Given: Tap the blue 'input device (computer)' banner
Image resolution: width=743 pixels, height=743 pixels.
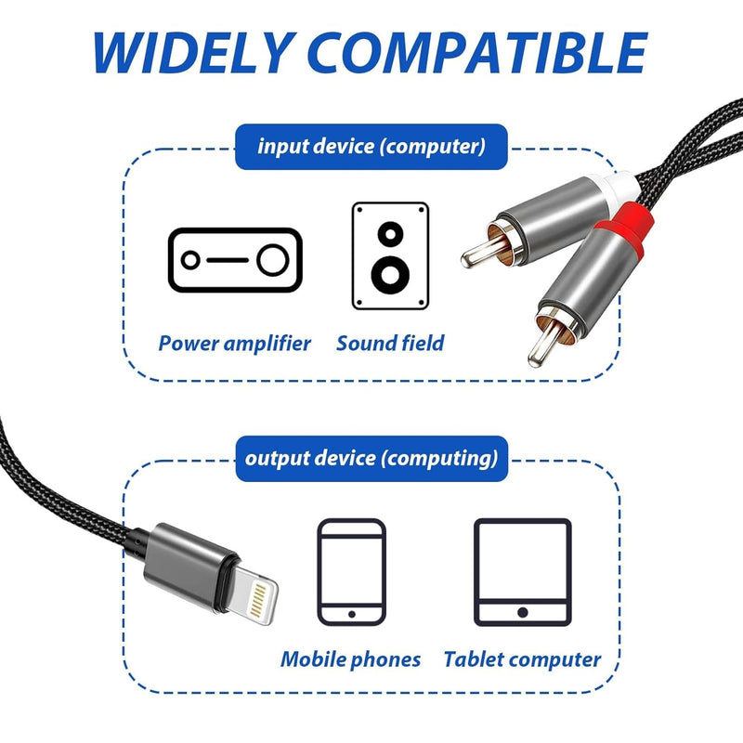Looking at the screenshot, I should pyautogui.click(x=371, y=147).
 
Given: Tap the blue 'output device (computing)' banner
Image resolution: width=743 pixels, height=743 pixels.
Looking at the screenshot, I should pyautogui.click(x=371, y=458).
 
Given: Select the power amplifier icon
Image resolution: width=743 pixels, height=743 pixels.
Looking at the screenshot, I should pyautogui.click(x=234, y=261).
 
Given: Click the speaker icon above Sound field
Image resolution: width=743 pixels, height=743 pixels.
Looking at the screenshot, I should pyautogui.click(x=390, y=255).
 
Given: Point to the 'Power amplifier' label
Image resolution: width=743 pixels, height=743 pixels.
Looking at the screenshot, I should pyautogui.click(x=234, y=343).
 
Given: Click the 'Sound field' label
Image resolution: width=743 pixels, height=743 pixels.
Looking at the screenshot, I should pyautogui.click(x=390, y=343).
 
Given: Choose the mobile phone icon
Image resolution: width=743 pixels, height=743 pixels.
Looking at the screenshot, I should pyautogui.click(x=351, y=571).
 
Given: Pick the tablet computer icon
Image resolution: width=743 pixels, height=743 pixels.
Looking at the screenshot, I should pyautogui.click(x=522, y=571).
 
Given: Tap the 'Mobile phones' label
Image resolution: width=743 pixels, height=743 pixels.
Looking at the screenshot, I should pyautogui.click(x=351, y=659).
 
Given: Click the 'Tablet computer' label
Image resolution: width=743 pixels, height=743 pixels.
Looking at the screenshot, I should pyautogui.click(x=522, y=659).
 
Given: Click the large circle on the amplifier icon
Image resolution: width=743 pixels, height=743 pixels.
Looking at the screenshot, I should pyautogui.click(x=270, y=261).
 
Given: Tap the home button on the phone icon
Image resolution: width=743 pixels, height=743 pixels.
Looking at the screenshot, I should pyautogui.click(x=351, y=613).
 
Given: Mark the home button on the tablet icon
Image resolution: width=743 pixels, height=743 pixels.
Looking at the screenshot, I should pyautogui.click(x=522, y=613).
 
